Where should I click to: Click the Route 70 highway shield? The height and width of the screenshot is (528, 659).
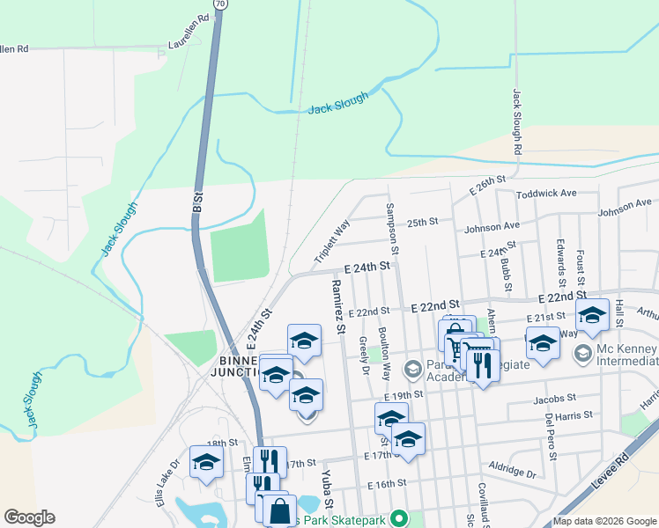coord(221,4)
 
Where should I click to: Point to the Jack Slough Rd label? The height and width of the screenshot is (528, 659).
coord(517,123)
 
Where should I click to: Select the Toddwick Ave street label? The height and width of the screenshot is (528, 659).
coord(546,193)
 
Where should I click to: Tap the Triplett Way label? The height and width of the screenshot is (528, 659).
coord(333,242)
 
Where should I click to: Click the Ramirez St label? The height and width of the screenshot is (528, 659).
coord(337,305)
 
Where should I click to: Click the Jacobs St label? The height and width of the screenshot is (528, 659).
coord(554,400)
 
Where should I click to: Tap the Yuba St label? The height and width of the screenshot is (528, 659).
coord(326,487)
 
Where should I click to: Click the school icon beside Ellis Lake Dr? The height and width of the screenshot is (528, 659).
coord(207,464)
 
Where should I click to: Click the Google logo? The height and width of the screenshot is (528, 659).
coord(29,517)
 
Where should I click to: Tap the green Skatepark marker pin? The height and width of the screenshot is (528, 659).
coord(397,519)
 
